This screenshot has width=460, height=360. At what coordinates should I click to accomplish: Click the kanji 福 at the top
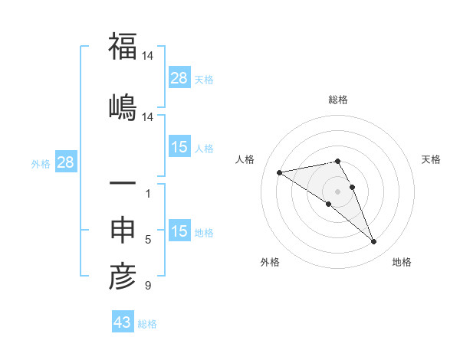point(123,47)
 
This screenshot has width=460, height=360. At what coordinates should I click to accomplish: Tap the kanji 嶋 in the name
point(123,106)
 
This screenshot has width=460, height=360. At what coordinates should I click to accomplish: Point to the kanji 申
point(123,231)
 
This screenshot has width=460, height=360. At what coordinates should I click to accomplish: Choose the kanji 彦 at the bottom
point(123,277)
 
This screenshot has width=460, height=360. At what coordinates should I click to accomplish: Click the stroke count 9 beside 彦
point(147,286)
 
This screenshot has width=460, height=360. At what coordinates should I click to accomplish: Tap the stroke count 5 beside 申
point(147,240)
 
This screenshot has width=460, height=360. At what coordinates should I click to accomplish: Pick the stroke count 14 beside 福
point(149,56)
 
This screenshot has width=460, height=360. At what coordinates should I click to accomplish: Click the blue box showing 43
point(123,322)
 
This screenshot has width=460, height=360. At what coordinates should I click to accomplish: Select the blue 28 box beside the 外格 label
point(65,162)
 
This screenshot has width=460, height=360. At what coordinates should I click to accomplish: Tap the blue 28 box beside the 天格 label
point(179,78)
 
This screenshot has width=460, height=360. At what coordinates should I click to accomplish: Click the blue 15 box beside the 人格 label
point(179,147)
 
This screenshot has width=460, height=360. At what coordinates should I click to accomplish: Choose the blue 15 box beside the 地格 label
point(179,231)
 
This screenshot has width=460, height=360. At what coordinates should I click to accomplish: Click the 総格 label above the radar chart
point(338,100)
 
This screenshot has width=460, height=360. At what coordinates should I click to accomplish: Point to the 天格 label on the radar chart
point(431,159)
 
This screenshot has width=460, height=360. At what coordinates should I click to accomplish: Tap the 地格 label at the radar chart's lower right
point(402,262)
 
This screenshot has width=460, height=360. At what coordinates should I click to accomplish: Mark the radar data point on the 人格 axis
point(279,172)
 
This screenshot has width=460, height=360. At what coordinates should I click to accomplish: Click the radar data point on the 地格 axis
point(374,242)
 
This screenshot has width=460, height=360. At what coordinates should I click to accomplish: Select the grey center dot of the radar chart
point(338,191)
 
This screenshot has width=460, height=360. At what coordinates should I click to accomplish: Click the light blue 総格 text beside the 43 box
point(147,324)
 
